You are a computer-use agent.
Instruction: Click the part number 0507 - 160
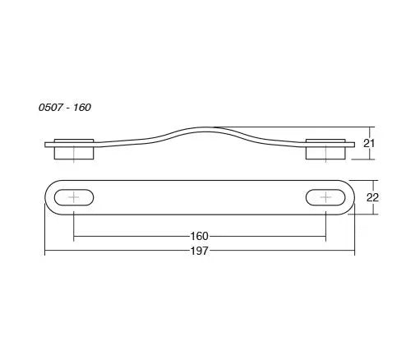tap(65, 107)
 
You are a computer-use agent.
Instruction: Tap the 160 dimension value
tap(199, 236)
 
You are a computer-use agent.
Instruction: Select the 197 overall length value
tap(199, 251)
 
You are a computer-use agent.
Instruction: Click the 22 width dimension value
tap(372, 197)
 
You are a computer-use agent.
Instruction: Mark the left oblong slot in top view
tap(74, 197)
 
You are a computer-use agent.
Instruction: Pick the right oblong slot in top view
tap(325, 197)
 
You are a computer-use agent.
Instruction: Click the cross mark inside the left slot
tap(74, 197)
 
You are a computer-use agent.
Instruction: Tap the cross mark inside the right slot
tap(325, 197)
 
